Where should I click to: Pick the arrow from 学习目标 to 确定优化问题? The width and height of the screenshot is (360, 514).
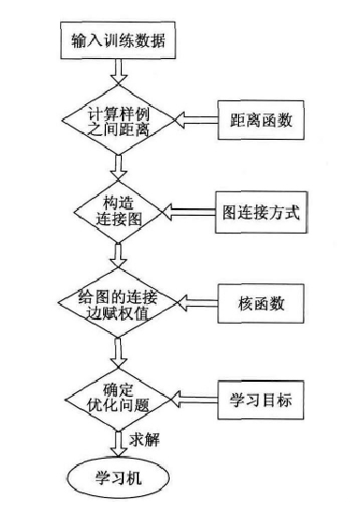tap(193, 399)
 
